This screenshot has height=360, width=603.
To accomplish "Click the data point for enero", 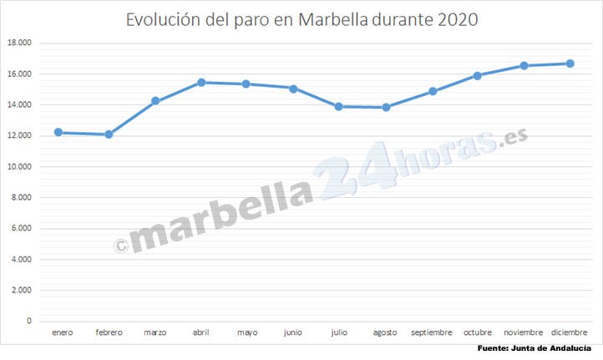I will click(x=58, y=132).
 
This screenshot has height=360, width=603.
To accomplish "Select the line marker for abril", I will click(x=200, y=83).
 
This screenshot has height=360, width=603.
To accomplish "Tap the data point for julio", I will click(x=338, y=106).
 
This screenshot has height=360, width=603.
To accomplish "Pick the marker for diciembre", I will click(x=570, y=63).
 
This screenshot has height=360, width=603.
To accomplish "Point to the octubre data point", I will click(x=478, y=75).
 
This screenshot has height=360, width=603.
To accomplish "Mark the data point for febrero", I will click(x=109, y=134).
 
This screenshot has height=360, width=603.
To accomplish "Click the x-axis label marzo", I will click(x=155, y=332).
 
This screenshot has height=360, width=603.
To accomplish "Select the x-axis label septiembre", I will click(x=432, y=332).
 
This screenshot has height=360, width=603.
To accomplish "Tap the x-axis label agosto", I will click(x=385, y=332).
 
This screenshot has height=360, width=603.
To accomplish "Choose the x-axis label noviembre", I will click(x=524, y=332).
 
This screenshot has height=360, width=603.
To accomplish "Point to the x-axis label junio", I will click(x=293, y=332).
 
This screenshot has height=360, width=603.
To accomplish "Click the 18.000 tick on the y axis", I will click(x=19, y=43).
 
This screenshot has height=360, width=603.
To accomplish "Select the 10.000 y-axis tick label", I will click(x=19, y=166).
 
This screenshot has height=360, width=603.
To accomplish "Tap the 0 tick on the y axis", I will click(x=29, y=321).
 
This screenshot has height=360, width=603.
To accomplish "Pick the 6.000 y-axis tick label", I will click(x=22, y=228).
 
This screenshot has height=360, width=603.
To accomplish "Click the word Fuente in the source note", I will click(x=494, y=347).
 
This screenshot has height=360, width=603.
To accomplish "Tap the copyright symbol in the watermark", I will click(x=120, y=244).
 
